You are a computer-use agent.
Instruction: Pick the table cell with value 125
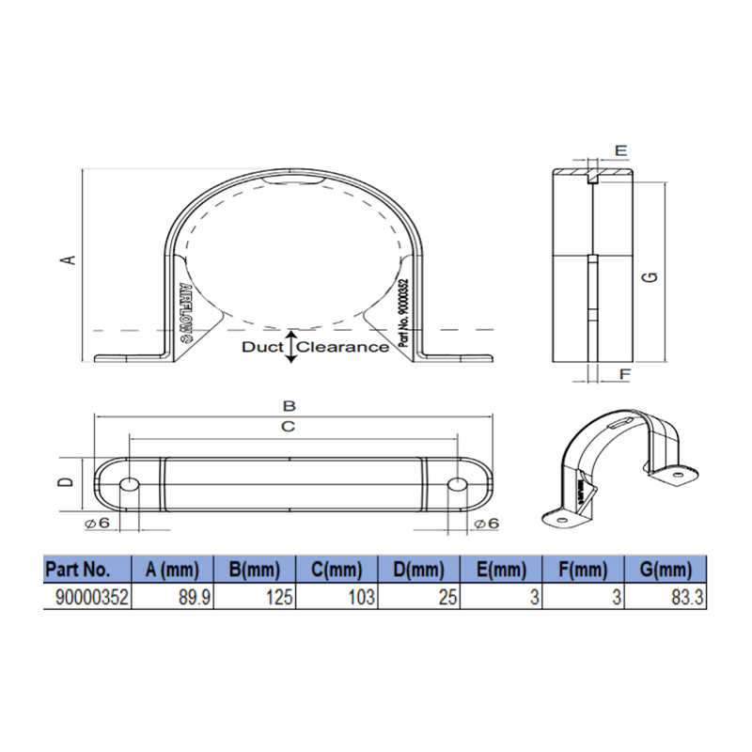tap(256, 596)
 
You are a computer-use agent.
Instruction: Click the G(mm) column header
tap(666, 570)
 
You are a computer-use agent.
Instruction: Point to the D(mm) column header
tap(418, 570)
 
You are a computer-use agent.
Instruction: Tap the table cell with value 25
tap(418, 596)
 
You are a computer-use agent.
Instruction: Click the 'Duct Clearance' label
tap(315, 347)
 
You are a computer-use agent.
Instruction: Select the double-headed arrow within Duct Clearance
tap(291, 347)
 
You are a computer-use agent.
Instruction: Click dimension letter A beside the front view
tap(67, 259)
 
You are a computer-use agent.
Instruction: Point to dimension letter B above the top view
tap(290, 406)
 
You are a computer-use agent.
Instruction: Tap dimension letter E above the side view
tap(620, 150)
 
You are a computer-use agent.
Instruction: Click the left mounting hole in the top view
tap(129, 485)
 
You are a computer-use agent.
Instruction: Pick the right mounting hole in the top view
tap(456, 485)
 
